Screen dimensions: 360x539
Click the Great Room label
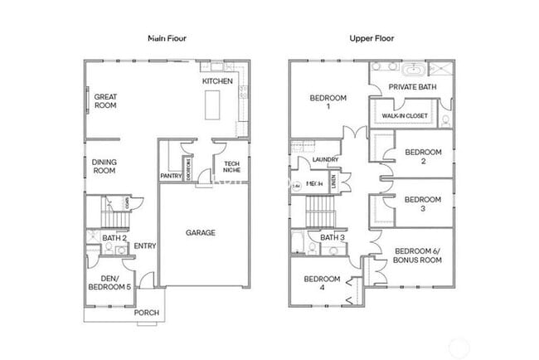point(104,100)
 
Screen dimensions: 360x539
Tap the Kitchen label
point(216,82)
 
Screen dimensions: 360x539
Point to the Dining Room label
point(104,166)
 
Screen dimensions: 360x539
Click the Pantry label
point(171,176)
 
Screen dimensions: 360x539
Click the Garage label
point(200,233)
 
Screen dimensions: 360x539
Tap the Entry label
point(145,245)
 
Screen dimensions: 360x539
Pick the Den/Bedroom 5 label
point(109,282)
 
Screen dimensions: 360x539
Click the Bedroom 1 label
point(328,103)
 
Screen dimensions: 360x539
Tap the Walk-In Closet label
point(405,115)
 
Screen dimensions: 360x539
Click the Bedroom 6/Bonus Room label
point(418,255)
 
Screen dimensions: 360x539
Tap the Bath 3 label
point(332,238)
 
